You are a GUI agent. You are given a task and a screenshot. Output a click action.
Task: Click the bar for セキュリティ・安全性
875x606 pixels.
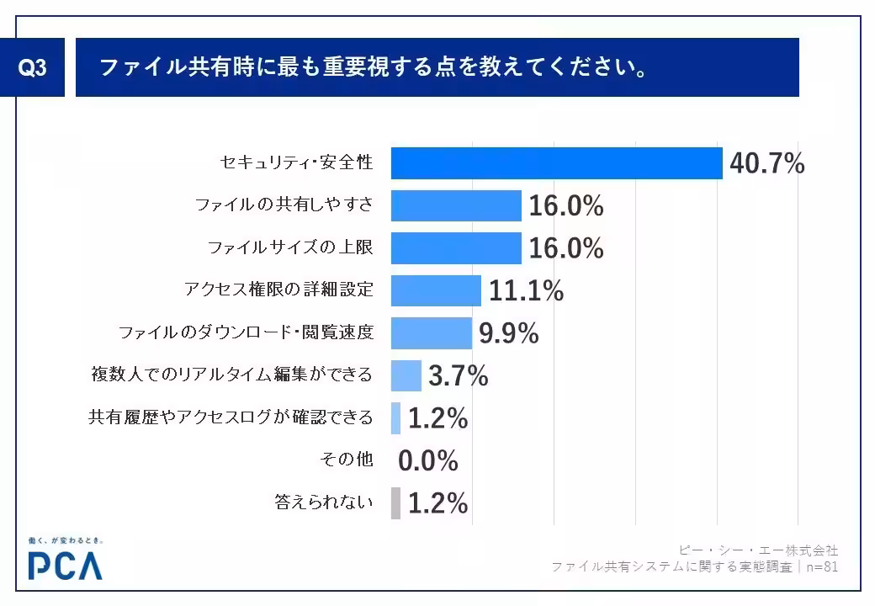[x=556, y=163]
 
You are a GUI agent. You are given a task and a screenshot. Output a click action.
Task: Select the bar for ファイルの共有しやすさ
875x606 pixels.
[x=456, y=205]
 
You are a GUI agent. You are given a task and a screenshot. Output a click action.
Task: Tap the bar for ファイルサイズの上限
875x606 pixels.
[x=456, y=248]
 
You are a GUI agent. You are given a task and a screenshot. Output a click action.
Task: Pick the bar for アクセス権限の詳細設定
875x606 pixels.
[x=436, y=290]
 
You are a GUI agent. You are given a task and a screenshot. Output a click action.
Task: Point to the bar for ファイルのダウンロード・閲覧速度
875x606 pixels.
[x=432, y=333]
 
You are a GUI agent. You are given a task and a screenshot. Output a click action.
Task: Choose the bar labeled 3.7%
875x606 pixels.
[x=406, y=375]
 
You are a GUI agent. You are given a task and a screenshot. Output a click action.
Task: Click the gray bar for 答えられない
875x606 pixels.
[x=395, y=503]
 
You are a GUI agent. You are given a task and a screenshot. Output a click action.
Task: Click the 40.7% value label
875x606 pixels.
[x=766, y=164]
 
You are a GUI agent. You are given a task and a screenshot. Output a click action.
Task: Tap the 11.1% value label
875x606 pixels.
[x=526, y=291]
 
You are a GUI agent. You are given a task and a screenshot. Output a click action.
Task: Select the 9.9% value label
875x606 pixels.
[x=508, y=334]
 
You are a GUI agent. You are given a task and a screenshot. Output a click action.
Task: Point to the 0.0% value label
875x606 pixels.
[x=427, y=461]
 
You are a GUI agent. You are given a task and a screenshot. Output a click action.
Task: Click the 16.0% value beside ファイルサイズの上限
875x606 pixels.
[x=566, y=248]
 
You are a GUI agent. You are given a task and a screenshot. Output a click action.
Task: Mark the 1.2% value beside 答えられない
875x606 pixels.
[x=437, y=503]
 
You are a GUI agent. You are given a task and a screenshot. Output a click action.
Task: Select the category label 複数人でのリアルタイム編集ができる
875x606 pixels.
[x=231, y=375]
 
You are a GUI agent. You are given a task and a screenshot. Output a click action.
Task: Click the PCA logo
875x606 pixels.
[x=65, y=564]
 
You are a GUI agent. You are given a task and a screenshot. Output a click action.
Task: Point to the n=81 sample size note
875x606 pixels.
[x=820, y=567]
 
